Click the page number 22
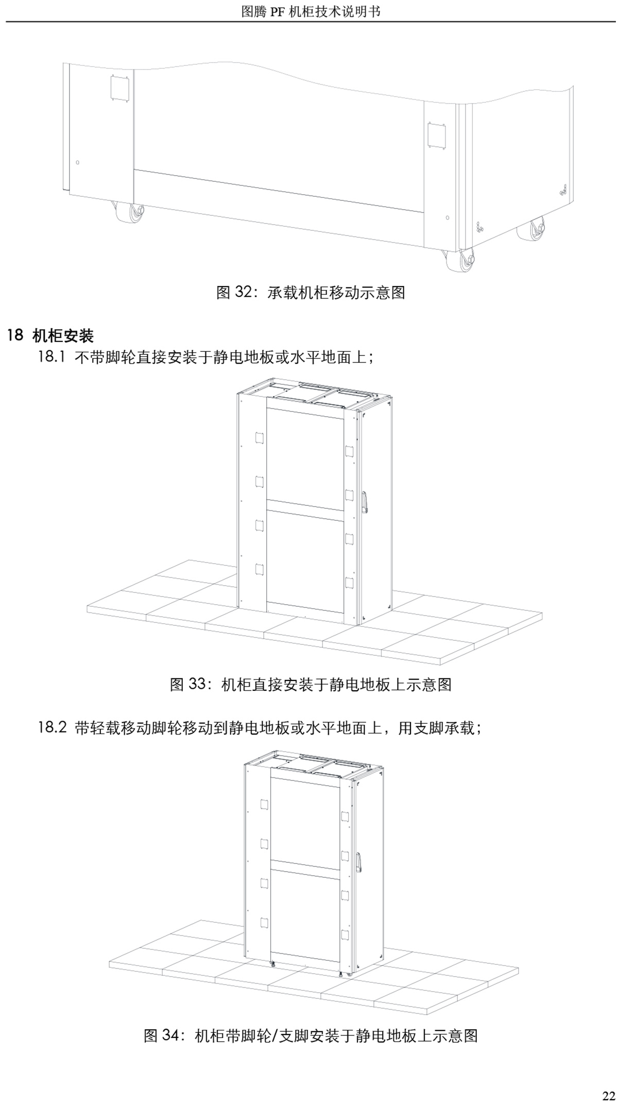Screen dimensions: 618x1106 (x=608, y=1094)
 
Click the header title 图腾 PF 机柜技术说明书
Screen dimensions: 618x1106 (x=311, y=11)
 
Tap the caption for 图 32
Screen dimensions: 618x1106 (x=311, y=293)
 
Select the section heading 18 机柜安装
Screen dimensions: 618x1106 (x=50, y=336)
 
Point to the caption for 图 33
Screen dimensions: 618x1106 (x=311, y=685)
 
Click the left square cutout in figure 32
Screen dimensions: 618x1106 (x=119, y=88)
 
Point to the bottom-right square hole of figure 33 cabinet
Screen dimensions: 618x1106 (x=349, y=583)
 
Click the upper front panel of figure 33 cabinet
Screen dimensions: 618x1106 (x=305, y=455)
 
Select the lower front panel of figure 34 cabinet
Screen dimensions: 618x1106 (x=305, y=910)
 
